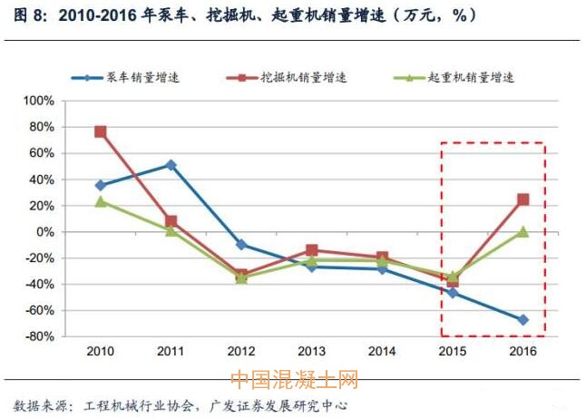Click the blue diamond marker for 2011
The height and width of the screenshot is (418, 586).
171,165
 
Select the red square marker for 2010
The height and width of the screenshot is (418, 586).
101,131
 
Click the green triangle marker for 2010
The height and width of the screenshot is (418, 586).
101,201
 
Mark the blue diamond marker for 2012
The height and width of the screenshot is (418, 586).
241,245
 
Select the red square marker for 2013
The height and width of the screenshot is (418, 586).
312,250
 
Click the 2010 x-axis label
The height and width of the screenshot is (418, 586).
101,351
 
